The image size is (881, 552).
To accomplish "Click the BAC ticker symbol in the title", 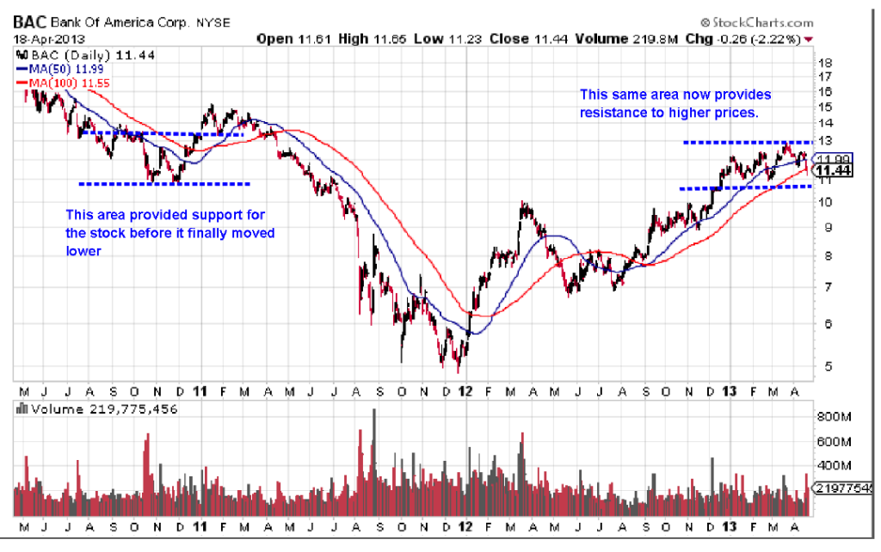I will pyautogui.click(x=30, y=21).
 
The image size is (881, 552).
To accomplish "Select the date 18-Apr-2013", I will pyautogui.click(x=41, y=39).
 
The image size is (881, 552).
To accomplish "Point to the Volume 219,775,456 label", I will pyautogui.click(x=104, y=409).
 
